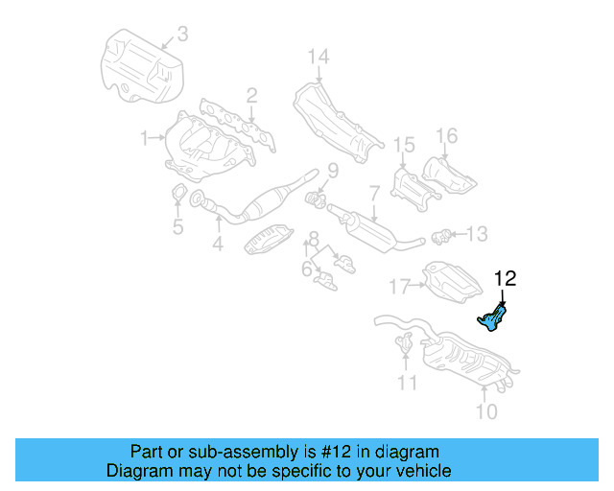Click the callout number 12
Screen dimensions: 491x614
coord(505,279)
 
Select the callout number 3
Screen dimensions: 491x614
coord(182,36)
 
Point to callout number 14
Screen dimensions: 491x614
coord(318,57)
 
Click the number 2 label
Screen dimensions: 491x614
coord(251,95)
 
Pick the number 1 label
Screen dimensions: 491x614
coord(144,138)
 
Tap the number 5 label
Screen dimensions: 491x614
coord(177,227)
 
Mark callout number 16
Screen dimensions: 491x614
coord(447,135)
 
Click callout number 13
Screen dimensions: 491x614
coord(477,233)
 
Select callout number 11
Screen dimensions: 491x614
coord(409,384)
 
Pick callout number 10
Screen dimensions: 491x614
coord(486,412)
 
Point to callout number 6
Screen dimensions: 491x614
coord(306,269)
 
